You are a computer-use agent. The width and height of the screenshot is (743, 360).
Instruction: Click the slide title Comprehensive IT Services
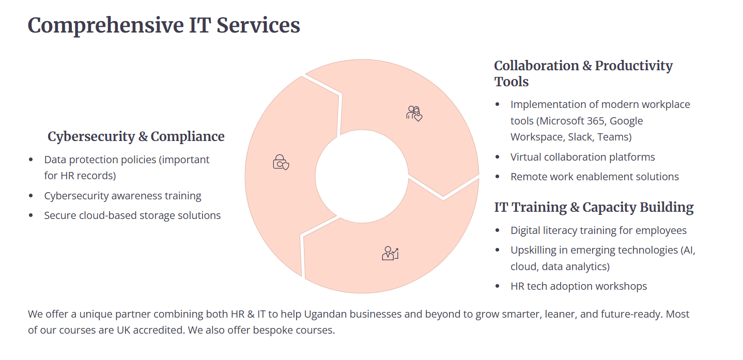pyautogui.click(x=164, y=25)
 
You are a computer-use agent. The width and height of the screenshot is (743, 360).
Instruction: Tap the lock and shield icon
pyautogui.click(x=281, y=162)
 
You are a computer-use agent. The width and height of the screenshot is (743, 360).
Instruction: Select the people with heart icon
pyautogui.click(x=414, y=114)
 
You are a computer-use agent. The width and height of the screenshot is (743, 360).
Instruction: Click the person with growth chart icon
pyautogui.click(x=390, y=253)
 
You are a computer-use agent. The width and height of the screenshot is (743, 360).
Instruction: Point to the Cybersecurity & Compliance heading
pyautogui.click(x=136, y=136)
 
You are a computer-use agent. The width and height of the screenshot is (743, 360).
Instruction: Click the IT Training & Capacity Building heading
pyautogui.click(x=594, y=208)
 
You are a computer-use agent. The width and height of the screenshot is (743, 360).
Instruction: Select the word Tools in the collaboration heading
pyautogui.click(x=512, y=82)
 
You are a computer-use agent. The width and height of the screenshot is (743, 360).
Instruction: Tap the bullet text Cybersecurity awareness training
pyautogui.click(x=123, y=196)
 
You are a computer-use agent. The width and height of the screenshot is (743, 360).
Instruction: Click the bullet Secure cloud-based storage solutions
pyautogui.click(x=132, y=215)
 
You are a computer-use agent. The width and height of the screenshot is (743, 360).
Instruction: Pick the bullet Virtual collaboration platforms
pyautogui.click(x=583, y=157)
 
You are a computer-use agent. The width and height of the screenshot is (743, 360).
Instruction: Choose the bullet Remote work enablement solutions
pyautogui.click(x=595, y=177)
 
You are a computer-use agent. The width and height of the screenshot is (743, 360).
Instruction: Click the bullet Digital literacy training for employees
pyautogui.click(x=599, y=230)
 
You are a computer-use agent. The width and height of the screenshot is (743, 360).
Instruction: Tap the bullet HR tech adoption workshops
pyautogui.click(x=579, y=286)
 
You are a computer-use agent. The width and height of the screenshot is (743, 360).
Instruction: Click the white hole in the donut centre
pyautogui.click(x=362, y=176)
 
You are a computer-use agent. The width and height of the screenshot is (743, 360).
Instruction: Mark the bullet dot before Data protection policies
pyautogui.click(x=31, y=160)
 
